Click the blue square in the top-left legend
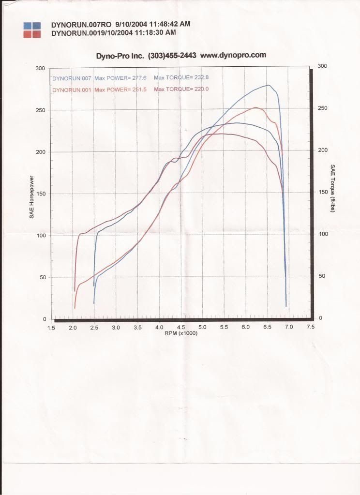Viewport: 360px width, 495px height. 31,25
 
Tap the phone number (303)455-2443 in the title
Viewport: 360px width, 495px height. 172,56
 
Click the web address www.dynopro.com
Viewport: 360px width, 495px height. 233,55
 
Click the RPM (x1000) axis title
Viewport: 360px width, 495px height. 181,333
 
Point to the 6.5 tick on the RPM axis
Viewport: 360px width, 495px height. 267,328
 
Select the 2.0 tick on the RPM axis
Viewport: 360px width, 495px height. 73,328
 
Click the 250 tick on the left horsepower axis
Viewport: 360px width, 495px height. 41,110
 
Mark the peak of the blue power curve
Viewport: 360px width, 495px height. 268,85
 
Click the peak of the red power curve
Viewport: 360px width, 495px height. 255,107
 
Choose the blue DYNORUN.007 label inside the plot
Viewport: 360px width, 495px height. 72,78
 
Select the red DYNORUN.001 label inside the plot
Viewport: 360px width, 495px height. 72,90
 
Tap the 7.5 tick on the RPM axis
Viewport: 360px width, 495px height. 310,327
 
